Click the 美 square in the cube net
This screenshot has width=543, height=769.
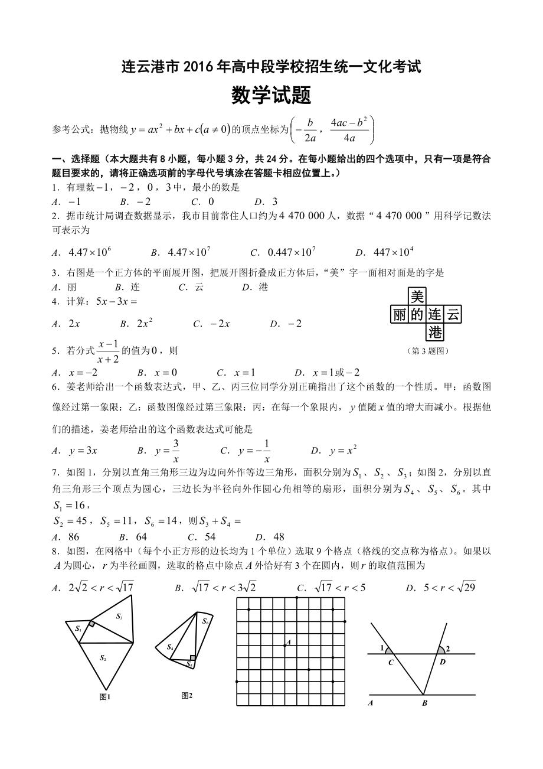[417, 296]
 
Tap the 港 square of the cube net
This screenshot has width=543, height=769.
[435, 333]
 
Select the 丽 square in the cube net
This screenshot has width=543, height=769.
[400, 315]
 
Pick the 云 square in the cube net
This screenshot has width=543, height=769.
[453, 315]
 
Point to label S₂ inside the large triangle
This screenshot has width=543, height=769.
[103, 657]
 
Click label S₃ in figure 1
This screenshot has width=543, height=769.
[119, 617]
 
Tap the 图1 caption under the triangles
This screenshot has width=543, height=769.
[105, 697]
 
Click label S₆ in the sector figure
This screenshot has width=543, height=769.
[205, 621]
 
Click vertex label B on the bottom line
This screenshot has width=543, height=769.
[424, 703]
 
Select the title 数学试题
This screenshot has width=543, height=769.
[271, 95]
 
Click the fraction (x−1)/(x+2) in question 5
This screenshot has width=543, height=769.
[109, 350]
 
